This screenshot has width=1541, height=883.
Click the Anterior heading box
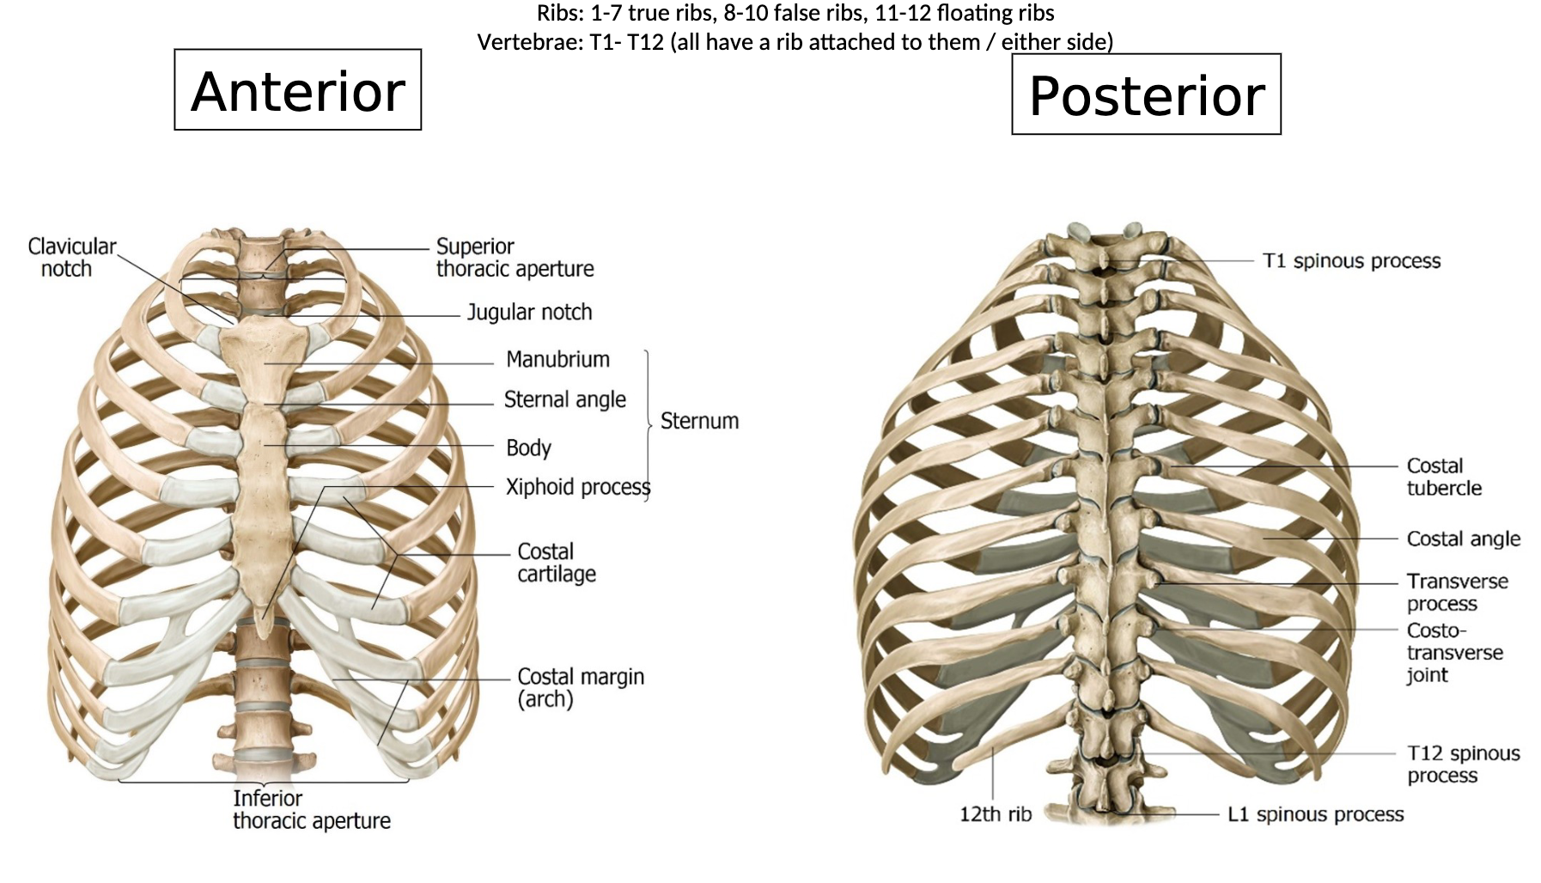coord(297,90)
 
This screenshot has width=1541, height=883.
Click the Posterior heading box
coord(1146,94)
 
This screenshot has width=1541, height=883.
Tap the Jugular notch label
coord(529,312)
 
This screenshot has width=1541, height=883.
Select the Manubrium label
coord(557,359)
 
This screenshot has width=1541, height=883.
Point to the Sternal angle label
coord(564,399)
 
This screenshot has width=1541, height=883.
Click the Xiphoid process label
coord(577,487)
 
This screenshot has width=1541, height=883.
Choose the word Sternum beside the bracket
coord(699,421)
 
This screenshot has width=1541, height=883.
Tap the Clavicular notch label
coord(70,258)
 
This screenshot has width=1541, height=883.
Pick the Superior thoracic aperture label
coord(515,258)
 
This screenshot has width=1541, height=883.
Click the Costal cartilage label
coord(556,563)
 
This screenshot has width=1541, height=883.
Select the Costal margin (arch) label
coord(580,688)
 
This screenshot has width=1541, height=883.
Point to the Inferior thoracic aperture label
coord(311,810)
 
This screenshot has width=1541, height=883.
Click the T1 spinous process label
coord(1351,261)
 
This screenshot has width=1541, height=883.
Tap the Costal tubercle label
coord(1443,477)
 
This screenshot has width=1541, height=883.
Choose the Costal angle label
coord(1463,539)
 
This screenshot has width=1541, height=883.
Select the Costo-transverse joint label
coord(1454,653)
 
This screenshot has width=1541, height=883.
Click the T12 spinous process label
coord(1463,764)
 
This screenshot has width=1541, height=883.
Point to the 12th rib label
coord(995,814)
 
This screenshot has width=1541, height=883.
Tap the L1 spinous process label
coord(1315,814)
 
